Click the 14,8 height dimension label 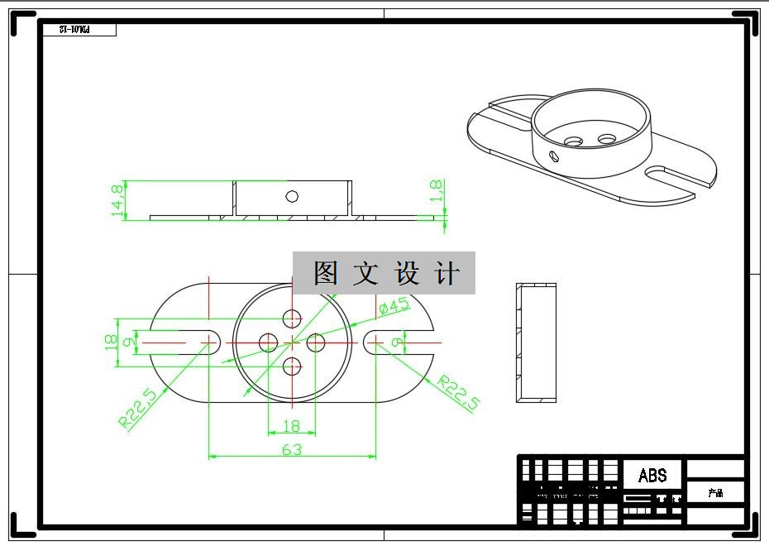pyautogui.click(x=117, y=200)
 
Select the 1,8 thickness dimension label pyautogui.click(x=437, y=189)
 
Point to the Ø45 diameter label pyautogui.click(x=395, y=307)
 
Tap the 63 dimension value pyautogui.click(x=292, y=449)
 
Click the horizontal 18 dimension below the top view pyautogui.click(x=292, y=426)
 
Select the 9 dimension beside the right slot pyautogui.click(x=398, y=341)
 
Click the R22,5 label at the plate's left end pyautogui.click(x=138, y=409)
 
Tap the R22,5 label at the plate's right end pyautogui.click(x=458, y=393)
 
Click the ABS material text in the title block pyautogui.click(x=652, y=476)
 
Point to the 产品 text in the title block pyautogui.click(x=715, y=493)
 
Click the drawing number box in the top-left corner pyautogui.click(x=79, y=30)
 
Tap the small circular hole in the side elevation pyautogui.click(x=291, y=196)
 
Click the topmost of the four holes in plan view pyautogui.click(x=292, y=318)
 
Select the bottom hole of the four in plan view pyautogui.click(x=292, y=365)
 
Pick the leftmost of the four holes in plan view pyautogui.click(x=268, y=342)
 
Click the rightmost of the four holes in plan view pyautogui.click(x=316, y=342)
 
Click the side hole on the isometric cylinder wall pyautogui.click(x=556, y=155)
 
